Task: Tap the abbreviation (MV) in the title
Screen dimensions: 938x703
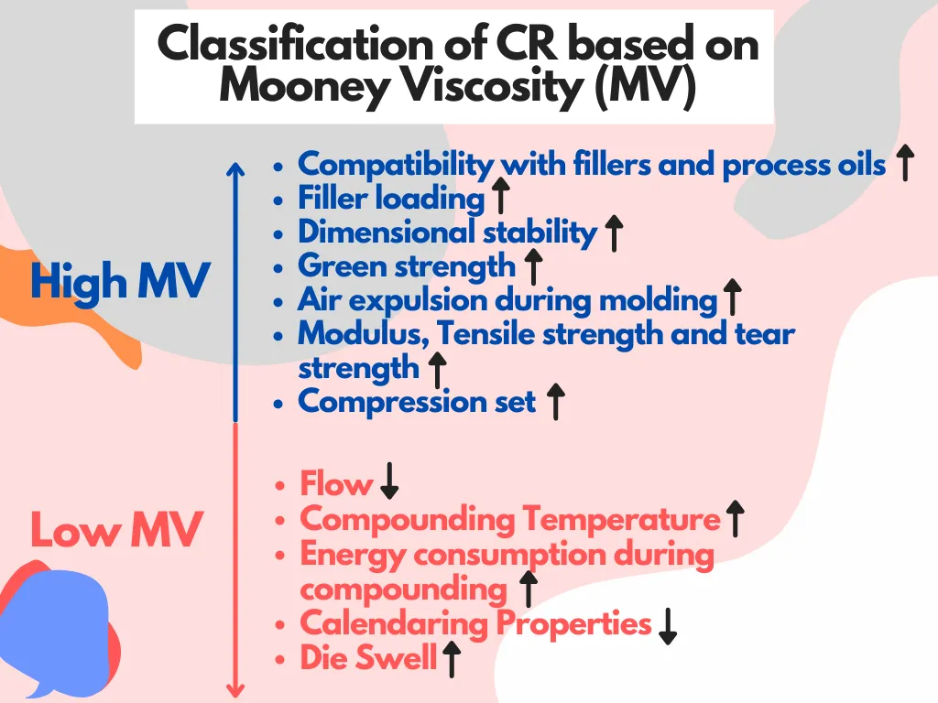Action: (646, 87)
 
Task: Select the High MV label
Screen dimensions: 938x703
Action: (120, 281)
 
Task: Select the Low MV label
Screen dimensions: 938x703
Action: (116, 529)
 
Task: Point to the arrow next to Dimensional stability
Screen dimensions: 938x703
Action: (614, 233)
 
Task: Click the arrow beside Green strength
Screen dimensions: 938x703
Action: (533, 266)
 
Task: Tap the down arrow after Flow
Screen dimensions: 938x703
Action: (389, 481)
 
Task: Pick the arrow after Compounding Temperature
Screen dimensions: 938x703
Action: (735, 519)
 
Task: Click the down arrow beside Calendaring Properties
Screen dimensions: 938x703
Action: (668, 626)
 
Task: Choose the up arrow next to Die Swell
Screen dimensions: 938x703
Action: (452, 659)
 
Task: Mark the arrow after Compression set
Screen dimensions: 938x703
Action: (556, 402)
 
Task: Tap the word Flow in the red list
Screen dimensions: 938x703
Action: (336, 483)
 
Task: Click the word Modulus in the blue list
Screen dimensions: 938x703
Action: (364, 334)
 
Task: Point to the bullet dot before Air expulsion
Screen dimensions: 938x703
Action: (278, 302)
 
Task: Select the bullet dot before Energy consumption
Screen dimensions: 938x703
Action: (279, 556)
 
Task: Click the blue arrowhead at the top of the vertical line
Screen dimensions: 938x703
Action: (235, 168)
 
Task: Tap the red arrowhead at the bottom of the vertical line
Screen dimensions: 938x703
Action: (235, 690)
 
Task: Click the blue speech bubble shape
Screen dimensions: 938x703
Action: (57, 628)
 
